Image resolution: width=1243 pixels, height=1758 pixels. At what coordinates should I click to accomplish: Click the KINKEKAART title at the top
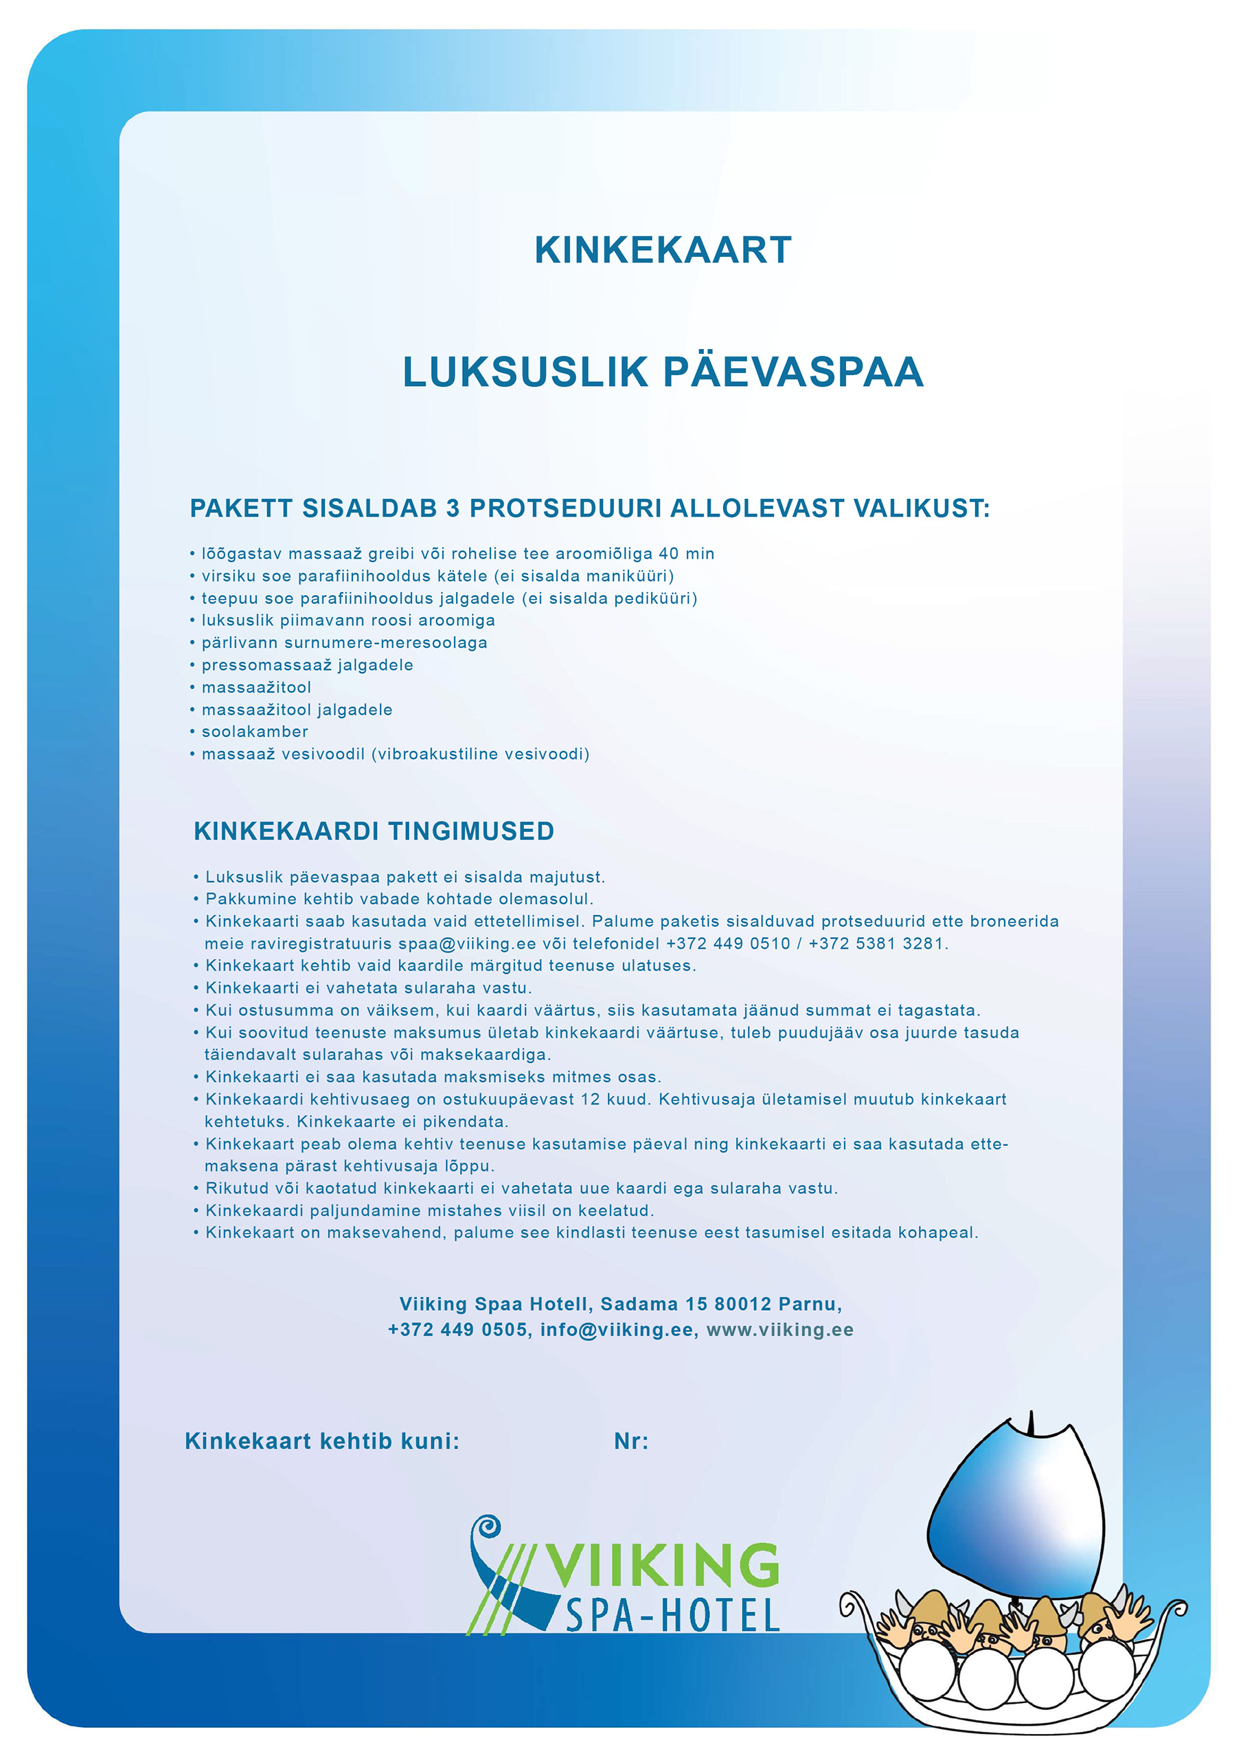pyautogui.click(x=663, y=250)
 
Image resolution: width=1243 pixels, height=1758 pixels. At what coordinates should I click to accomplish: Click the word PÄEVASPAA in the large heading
pyautogui.click(x=793, y=372)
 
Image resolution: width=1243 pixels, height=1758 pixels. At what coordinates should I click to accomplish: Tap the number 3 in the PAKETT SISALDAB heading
pyautogui.click(x=453, y=508)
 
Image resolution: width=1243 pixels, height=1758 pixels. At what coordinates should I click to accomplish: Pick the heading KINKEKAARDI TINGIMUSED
pyautogui.click(x=374, y=831)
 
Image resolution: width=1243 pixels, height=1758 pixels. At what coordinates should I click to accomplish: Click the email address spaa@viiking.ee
pyautogui.click(x=467, y=944)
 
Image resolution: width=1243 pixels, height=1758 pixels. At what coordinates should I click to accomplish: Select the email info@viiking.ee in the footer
pyautogui.click(x=617, y=1330)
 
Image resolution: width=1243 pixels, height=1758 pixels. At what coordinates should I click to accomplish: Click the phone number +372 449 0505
pyautogui.click(x=457, y=1330)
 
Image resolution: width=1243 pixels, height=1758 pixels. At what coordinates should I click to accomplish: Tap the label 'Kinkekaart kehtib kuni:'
pyautogui.click(x=322, y=1442)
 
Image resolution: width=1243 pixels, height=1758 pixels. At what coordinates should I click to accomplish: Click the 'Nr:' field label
pyautogui.click(x=630, y=1442)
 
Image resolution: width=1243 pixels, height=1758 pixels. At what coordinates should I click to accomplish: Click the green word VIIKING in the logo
pyautogui.click(x=662, y=1566)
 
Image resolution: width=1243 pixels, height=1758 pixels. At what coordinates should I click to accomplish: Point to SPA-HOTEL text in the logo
pyautogui.click(x=672, y=1616)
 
